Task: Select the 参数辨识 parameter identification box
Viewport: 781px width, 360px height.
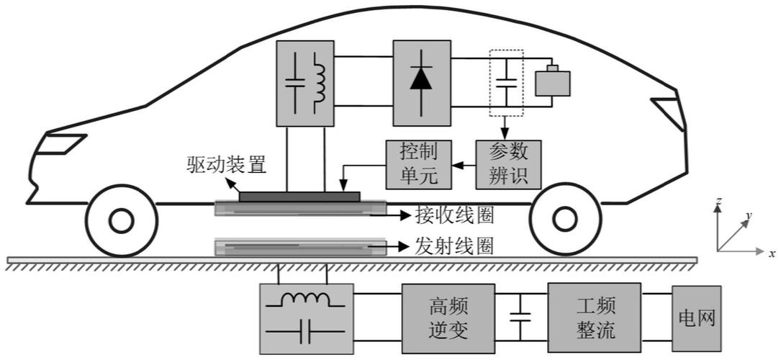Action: (x=508, y=163)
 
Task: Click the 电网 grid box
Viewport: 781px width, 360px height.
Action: (x=696, y=318)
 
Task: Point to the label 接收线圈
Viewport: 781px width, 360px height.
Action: (x=454, y=214)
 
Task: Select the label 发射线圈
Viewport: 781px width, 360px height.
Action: (x=454, y=246)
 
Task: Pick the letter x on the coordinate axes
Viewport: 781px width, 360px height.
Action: (x=771, y=253)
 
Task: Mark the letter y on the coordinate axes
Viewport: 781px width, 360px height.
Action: (x=749, y=215)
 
